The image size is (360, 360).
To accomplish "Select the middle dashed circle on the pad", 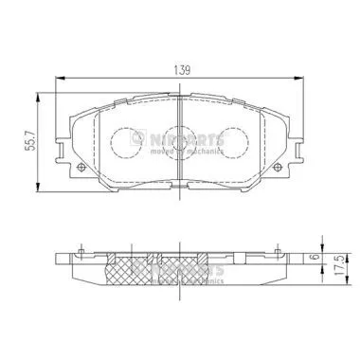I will click(178, 142).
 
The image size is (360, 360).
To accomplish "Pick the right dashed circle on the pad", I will click(230, 141).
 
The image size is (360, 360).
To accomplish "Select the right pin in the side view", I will click(277, 252).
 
